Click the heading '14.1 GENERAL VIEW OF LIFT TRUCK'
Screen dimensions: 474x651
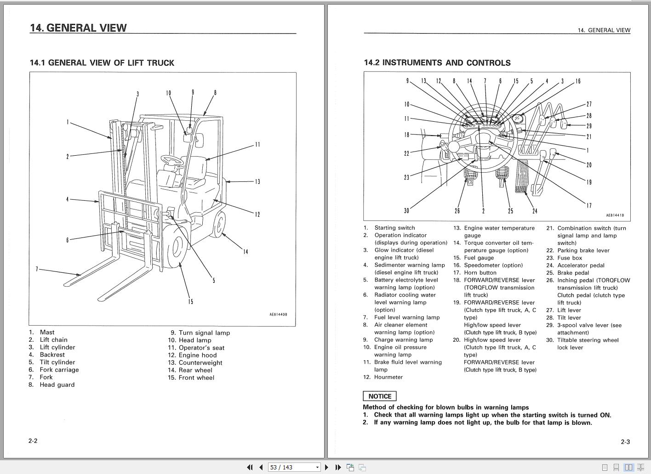(102, 63)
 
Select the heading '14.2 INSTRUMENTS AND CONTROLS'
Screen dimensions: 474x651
(437, 63)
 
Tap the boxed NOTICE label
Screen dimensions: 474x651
(379, 396)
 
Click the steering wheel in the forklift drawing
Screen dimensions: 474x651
(171, 160)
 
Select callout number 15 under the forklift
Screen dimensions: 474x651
(190, 302)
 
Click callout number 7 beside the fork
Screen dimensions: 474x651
(37, 269)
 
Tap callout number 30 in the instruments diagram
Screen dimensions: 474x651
(406, 211)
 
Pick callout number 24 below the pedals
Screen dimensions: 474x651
(535, 211)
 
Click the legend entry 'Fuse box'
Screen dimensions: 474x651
(570, 258)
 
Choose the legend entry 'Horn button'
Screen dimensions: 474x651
(480, 273)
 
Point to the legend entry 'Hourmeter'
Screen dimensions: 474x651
(388, 377)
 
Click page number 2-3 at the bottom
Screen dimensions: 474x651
(625, 442)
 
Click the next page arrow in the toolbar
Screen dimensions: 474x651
(326, 467)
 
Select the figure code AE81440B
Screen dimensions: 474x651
(278, 315)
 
